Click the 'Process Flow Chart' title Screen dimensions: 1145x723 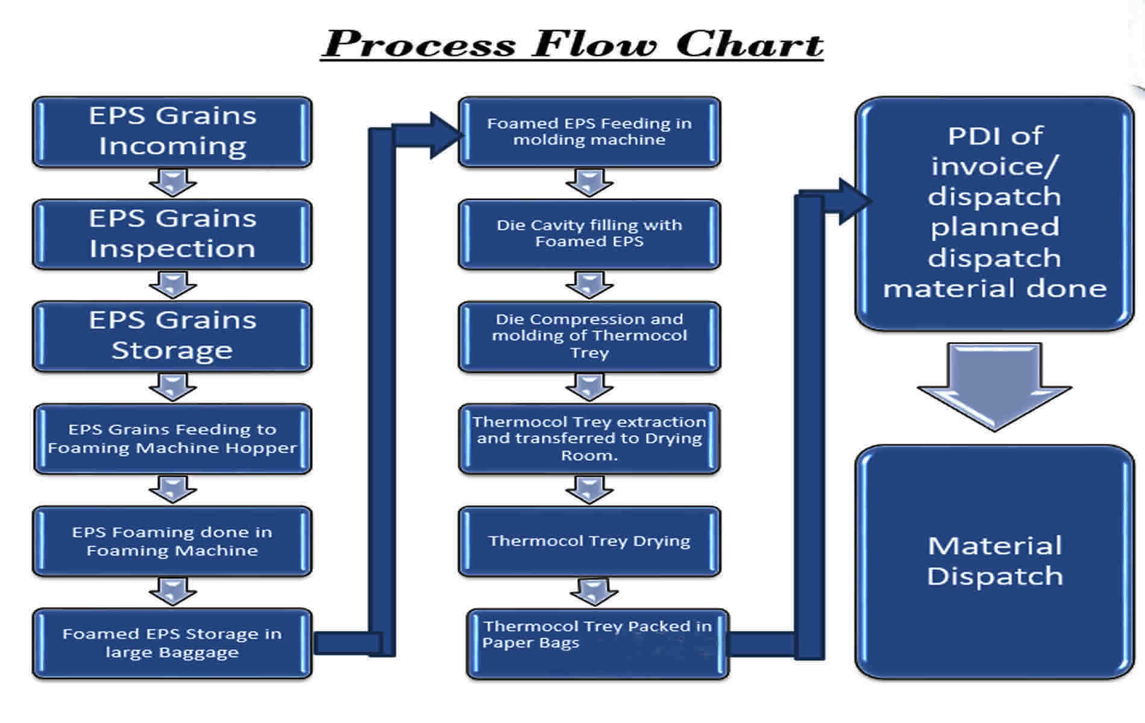click(572, 43)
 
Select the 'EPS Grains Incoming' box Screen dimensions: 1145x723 click(172, 132)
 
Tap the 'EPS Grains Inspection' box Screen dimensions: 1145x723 click(172, 234)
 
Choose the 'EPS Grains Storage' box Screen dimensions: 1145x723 click(172, 336)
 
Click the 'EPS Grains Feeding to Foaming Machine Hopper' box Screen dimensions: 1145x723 click(172, 439)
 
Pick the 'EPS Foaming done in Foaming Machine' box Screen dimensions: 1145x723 click(172, 541)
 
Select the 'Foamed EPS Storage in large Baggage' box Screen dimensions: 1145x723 click(172, 643)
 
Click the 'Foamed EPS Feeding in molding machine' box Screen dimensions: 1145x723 click(589, 132)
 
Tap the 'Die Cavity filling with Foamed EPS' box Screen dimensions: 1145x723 click(589, 234)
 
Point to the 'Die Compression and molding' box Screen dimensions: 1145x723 click(589, 336)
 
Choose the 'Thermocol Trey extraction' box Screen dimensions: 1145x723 click(589, 439)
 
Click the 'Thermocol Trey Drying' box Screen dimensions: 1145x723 click(589, 541)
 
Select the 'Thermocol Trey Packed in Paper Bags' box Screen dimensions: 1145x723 click(598, 643)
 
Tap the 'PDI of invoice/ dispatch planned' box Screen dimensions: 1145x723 click(994, 213)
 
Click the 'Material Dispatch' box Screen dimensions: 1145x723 click(994, 562)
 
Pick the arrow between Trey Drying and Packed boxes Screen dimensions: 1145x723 click(594, 592)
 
